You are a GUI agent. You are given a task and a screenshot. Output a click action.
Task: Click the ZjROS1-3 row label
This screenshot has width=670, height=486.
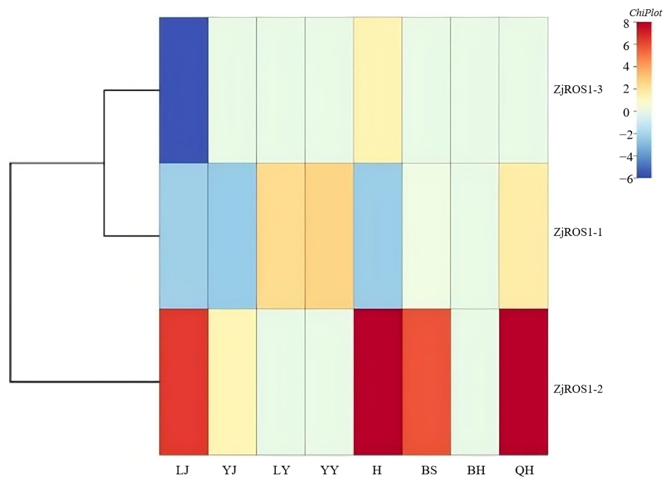[578, 89]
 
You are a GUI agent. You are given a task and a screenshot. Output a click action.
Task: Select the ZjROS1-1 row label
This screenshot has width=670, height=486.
[578, 233]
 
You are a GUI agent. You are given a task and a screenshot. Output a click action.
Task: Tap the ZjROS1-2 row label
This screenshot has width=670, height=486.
[578, 389]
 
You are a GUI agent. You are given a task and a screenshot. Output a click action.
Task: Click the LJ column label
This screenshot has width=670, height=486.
[182, 470]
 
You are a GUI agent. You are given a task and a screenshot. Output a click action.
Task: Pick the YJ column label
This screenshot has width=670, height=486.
[230, 470]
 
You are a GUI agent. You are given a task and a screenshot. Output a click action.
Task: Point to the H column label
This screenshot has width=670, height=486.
[377, 470]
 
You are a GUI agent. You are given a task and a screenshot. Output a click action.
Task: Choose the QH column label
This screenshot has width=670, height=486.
[524, 470]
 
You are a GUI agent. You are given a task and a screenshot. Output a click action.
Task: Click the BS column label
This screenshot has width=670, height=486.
[429, 470]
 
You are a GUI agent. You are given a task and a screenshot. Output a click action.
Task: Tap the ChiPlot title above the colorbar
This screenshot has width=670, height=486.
[645, 13]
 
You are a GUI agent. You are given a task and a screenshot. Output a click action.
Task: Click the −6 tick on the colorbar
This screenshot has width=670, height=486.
[626, 179]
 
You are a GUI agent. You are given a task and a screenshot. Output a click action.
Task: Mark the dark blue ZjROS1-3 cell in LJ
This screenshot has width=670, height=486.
[184, 90]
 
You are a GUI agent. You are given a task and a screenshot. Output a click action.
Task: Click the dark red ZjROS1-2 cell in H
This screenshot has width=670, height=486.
[378, 381]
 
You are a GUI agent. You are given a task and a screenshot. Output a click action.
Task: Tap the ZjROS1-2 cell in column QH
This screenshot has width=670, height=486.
[523, 381]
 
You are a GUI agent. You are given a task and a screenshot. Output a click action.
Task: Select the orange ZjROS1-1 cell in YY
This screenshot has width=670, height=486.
[329, 236]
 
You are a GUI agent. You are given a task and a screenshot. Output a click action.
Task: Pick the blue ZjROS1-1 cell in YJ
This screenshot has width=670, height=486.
[232, 236]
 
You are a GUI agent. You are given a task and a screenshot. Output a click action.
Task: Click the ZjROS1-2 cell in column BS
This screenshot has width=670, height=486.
[426, 381]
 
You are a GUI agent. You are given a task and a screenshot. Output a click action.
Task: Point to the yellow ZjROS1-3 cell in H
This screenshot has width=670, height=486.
[378, 90]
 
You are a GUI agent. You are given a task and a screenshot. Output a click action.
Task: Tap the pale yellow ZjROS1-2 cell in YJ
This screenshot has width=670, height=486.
[232, 381]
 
